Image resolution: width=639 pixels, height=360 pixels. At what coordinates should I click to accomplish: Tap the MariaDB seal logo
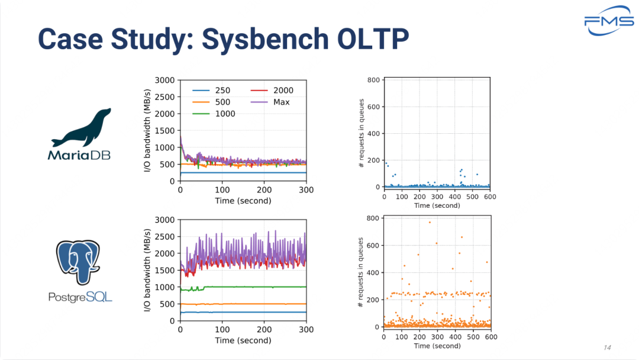point(81,128)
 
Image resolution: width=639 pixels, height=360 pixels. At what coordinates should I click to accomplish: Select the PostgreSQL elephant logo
point(80,264)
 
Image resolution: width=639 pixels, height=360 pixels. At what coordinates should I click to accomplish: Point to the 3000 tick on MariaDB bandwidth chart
point(164,80)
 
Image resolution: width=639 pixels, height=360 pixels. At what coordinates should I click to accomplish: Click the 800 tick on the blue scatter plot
point(375,79)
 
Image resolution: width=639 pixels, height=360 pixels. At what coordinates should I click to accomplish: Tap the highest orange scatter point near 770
point(430,223)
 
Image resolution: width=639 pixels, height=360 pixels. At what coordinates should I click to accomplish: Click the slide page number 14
point(606,346)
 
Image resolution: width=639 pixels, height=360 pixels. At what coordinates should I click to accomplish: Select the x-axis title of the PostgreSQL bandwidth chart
point(243,340)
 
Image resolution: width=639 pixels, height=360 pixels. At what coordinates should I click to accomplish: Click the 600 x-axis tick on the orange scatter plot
point(490,336)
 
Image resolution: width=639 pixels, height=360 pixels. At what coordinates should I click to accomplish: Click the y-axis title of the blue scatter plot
point(362,134)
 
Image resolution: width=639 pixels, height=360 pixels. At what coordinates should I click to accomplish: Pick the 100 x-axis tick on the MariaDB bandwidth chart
point(222,190)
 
